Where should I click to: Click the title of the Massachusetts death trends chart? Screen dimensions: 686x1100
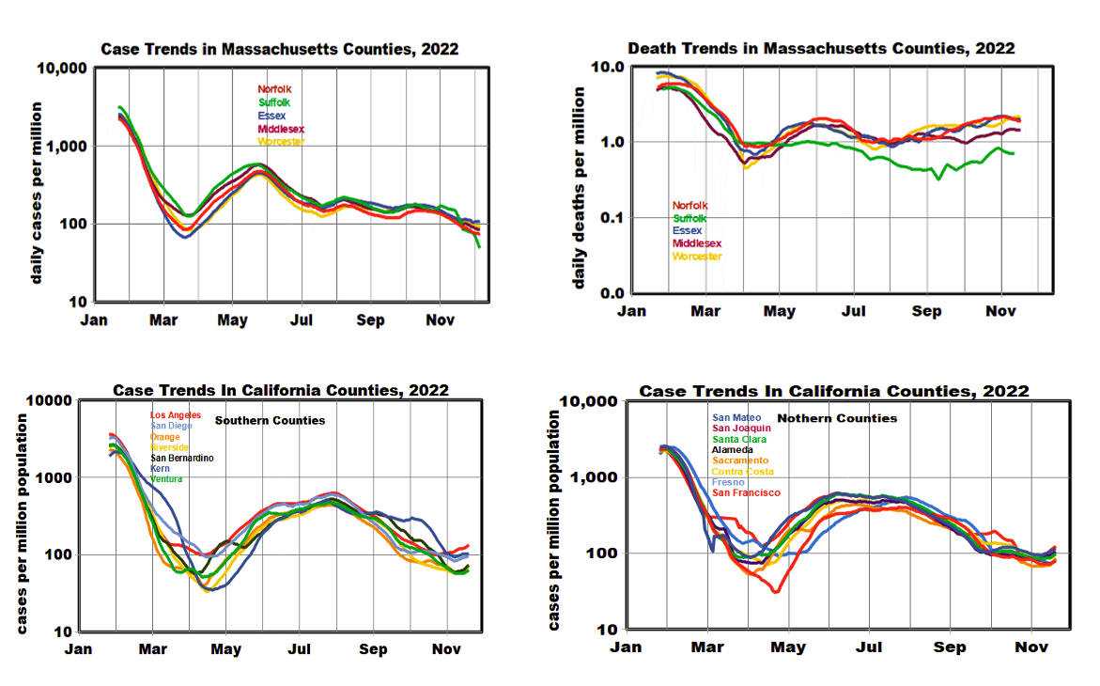[x=821, y=48]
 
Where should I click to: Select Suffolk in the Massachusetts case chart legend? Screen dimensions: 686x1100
[x=274, y=102]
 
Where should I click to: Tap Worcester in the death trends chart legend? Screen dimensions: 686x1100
[x=697, y=257]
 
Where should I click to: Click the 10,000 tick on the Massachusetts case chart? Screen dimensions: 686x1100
[x=63, y=70]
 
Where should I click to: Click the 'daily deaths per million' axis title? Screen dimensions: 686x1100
[x=580, y=188]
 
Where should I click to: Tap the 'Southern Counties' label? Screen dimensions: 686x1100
[x=271, y=420]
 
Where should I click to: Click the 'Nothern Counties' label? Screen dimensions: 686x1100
[x=837, y=418]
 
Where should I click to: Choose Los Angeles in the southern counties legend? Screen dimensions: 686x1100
[x=176, y=415]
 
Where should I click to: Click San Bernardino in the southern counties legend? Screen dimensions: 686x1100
[x=182, y=458]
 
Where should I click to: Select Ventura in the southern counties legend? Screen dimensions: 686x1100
[x=166, y=479]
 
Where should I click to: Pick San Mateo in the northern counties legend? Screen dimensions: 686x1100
[x=736, y=418]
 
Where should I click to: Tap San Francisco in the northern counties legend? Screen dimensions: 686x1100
[x=746, y=492]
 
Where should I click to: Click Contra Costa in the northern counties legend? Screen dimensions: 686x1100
[x=743, y=471]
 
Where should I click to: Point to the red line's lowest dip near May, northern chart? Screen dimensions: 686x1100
[x=776, y=591]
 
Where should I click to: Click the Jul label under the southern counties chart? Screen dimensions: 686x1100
[x=300, y=648]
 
